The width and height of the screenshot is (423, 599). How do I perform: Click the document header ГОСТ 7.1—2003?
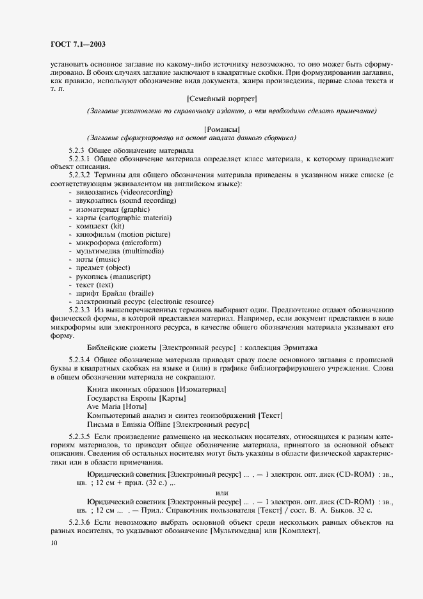tap(77, 44)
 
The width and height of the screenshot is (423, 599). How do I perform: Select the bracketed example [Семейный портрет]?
tap(221, 99)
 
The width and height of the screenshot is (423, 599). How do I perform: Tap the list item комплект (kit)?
tap(100, 226)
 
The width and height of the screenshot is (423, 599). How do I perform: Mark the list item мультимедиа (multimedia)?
tap(118, 251)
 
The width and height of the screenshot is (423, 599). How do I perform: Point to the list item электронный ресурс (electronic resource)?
tap(145, 301)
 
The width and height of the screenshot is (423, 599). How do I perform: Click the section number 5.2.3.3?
tap(81, 309)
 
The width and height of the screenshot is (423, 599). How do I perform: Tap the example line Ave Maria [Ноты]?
tap(116, 406)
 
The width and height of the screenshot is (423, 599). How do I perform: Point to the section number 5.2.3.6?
tap(81, 523)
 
